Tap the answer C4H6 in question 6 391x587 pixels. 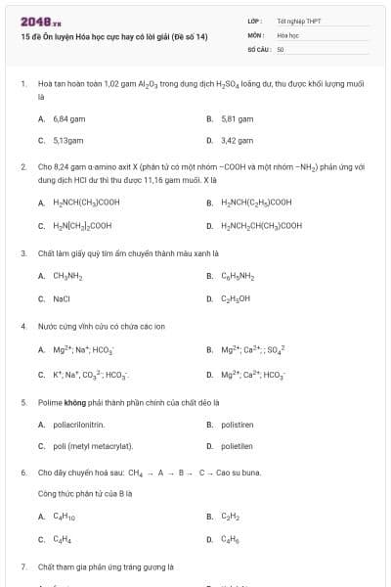point(231,538)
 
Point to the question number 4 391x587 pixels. point(23,326)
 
